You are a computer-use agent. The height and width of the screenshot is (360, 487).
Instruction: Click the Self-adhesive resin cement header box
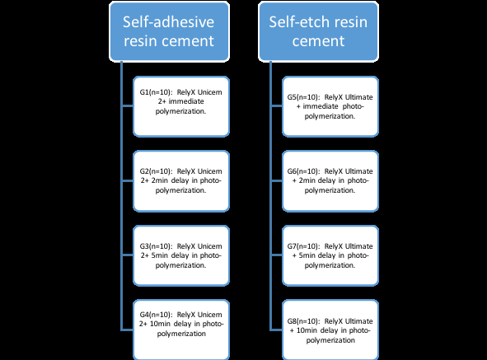tap(170, 31)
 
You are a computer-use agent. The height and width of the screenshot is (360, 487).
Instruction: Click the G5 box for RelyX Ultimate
tap(329, 105)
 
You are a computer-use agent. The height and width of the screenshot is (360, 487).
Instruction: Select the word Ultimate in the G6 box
tap(355, 169)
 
